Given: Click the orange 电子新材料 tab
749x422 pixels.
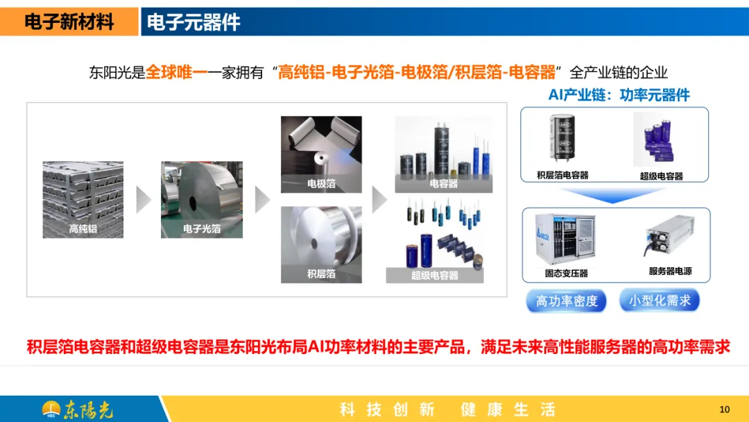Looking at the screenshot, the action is pyautogui.click(x=69, y=22).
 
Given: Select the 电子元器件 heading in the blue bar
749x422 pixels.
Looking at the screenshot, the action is pyautogui.click(x=193, y=22).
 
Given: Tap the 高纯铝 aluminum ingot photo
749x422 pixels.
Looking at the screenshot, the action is pyautogui.click(x=83, y=199).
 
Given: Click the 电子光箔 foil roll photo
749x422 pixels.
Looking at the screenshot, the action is pyautogui.click(x=202, y=199).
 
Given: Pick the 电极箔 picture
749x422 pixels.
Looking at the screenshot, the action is pyautogui.click(x=321, y=154).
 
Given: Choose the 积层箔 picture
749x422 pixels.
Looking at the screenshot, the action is pyautogui.click(x=321, y=245).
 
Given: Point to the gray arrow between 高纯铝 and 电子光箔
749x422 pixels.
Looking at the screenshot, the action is pyautogui.click(x=144, y=199).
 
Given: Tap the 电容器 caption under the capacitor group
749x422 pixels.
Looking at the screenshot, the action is pyautogui.click(x=443, y=183).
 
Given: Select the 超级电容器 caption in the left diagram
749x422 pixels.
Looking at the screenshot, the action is pyautogui.click(x=435, y=276).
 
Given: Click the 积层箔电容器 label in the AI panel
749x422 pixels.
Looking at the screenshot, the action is pyautogui.click(x=562, y=176).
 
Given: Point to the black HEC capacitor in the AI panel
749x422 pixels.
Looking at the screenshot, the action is pyautogui.click(x=562, y=137).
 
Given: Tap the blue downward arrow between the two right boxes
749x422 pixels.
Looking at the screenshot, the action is pyautogui.click(x=613, y=195).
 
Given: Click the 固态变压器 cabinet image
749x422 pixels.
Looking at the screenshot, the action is pyautogui.click(x=566, y=239).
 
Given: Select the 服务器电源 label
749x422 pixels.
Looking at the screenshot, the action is pyautogui.click(x=670, y=271).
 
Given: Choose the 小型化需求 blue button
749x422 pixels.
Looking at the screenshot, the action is pyautogui.click(x=660, y=301).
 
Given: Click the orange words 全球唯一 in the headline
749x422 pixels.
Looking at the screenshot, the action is pyautogui.click(x=176, y=73).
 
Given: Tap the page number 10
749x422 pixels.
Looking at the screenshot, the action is pyautogui.click(x=725, y=410).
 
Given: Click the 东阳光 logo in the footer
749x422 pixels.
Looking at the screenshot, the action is pyautogui.click(x=78, y=410).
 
